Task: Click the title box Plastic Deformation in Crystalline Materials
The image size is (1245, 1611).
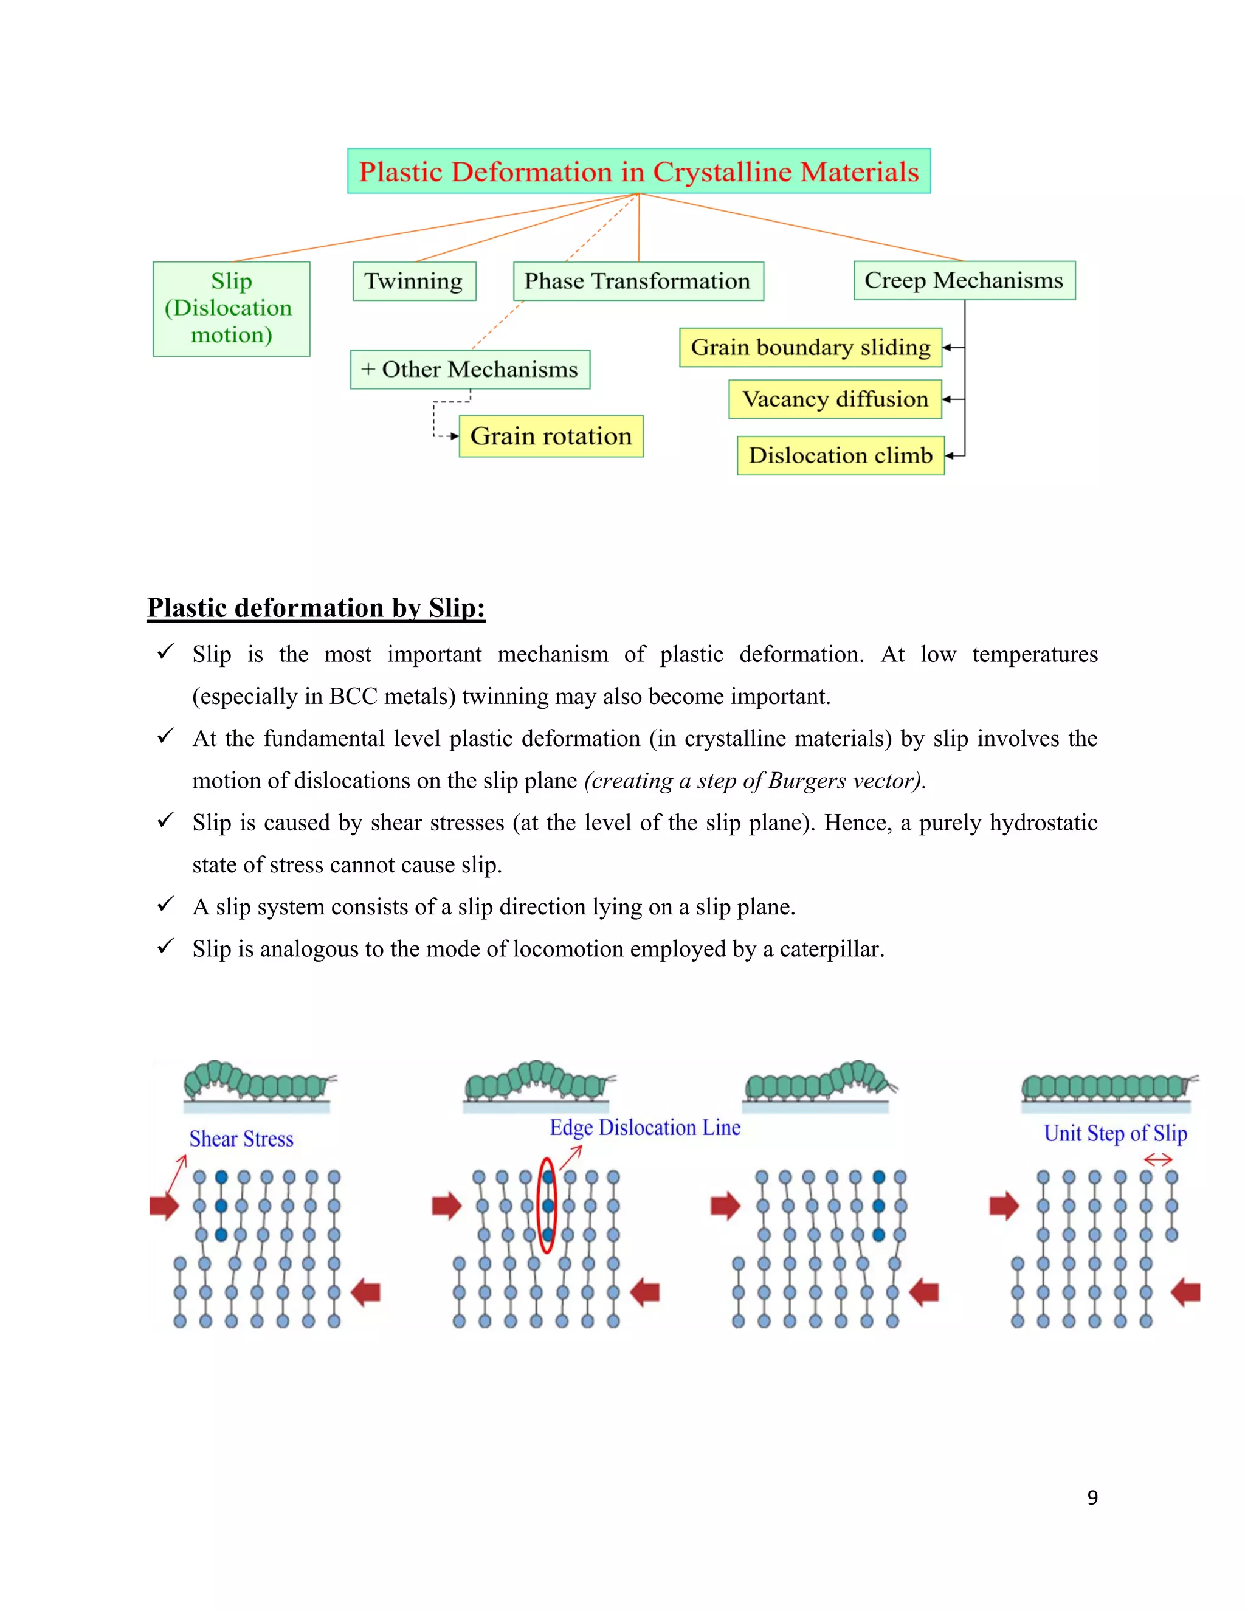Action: tap(639, 171)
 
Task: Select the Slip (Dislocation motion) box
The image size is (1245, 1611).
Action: tap(232, 308)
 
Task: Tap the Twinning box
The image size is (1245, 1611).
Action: tap(414, 281)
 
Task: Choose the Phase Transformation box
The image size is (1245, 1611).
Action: tap(638, 281)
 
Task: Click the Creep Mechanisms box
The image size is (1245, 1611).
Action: tap(964, 280)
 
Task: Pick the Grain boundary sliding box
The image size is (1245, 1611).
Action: tap(810, 347)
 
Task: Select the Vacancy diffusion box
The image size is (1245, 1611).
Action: tap(835, 399)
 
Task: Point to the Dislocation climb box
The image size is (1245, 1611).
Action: tap(841, 455)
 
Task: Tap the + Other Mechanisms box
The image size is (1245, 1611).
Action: tap(470, 370)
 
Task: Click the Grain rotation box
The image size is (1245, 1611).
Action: tap(551, 436)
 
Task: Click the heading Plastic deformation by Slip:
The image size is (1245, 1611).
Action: tap(316, 608)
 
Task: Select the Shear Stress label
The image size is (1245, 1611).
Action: tap(241, 1139)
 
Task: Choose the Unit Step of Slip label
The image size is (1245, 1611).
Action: tap(1115, 1134)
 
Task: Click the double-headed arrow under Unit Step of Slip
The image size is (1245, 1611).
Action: tap(1158, 1161)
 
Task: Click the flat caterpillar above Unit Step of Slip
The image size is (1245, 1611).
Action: tap(1106, 1086)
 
